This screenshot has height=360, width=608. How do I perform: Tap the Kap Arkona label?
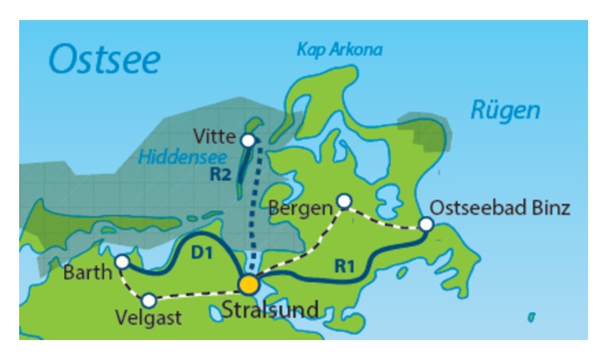pyautogui.click(x=339, y=50)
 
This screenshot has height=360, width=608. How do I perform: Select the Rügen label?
pyautogui.click(x=505, y=110)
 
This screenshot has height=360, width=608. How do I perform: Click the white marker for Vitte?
pyautogui.click(x=248, y=141)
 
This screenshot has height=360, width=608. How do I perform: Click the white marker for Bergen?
pyautogui.click(x=343, y=200)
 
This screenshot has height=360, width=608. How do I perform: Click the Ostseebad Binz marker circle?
pyautogui.click(x=426, y=225)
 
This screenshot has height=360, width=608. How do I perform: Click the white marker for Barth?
pyautogui.click(x=122, y=262)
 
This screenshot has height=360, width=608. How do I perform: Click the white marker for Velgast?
pyautogui.click(x=148, y=301)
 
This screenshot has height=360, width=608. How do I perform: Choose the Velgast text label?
pyautogui.click(x=148, y=318)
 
